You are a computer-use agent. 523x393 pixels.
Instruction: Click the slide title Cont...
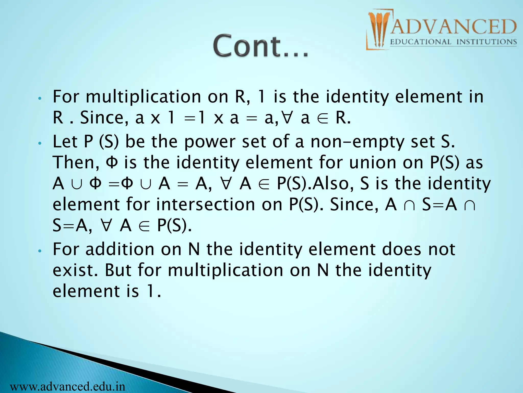click(260, 46)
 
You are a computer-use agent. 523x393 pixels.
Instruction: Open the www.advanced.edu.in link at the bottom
click(68, 386)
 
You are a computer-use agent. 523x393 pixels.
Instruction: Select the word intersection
click(206, 205)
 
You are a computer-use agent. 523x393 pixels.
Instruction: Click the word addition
click(120, 249)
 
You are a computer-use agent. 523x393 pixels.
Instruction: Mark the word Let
click(65, 142)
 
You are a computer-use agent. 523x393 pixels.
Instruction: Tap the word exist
click(75, 270)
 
